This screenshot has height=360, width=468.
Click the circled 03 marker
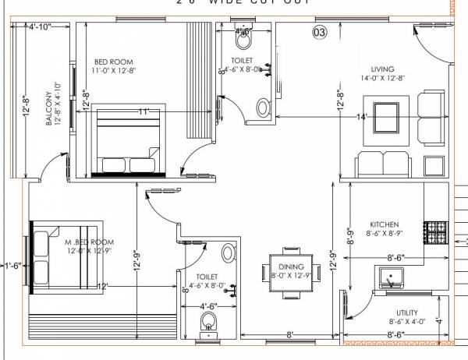[x=318, y=32]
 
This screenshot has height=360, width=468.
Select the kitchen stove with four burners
[x=435, y=231]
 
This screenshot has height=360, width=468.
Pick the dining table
[x=290, y=272]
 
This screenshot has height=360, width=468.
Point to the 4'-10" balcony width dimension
[x=39, y=27]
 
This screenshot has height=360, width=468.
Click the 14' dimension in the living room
[x=361, y=117]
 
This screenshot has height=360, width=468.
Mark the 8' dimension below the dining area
[x=289, y=335]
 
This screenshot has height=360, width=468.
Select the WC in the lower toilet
[x=208, y=323]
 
